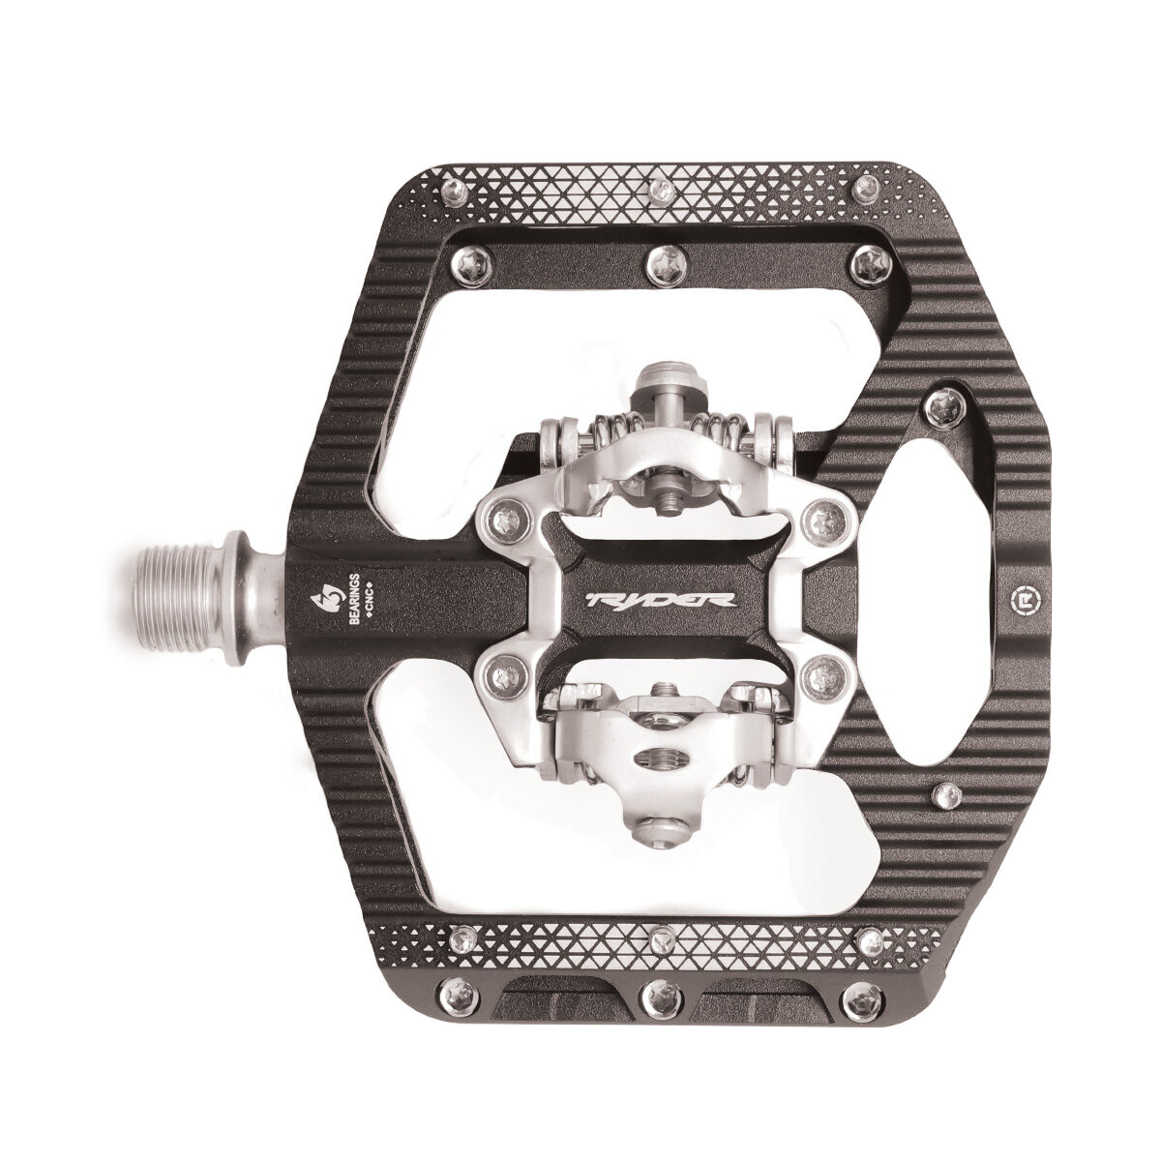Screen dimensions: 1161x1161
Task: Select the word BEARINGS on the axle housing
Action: click(x=356, y=600)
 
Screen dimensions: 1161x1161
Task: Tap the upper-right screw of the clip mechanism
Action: click(x=824, y=517)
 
